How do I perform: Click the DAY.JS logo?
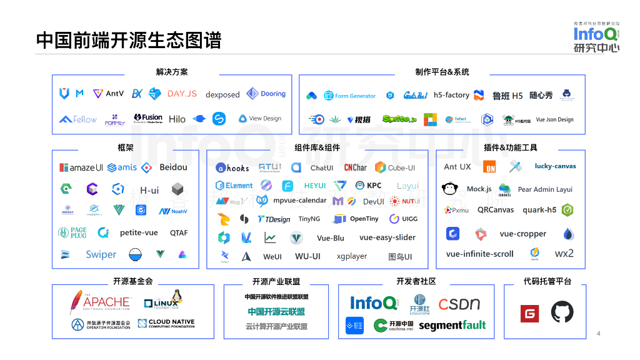(182, 94)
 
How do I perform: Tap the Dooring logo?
(266, 94)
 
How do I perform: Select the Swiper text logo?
(101, 254)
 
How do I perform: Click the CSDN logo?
(459, 304)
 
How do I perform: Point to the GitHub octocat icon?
(562, 312)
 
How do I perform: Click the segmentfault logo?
(452, 326)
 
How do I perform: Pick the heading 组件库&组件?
(317, 148)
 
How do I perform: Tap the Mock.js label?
(479, 189)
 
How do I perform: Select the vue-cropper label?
(522, 234)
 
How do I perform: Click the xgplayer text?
(352, 256)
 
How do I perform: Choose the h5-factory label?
(451, 95)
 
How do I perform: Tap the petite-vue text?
(139, 232)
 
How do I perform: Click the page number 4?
(598, 333)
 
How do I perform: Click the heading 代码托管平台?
(547, 281)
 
